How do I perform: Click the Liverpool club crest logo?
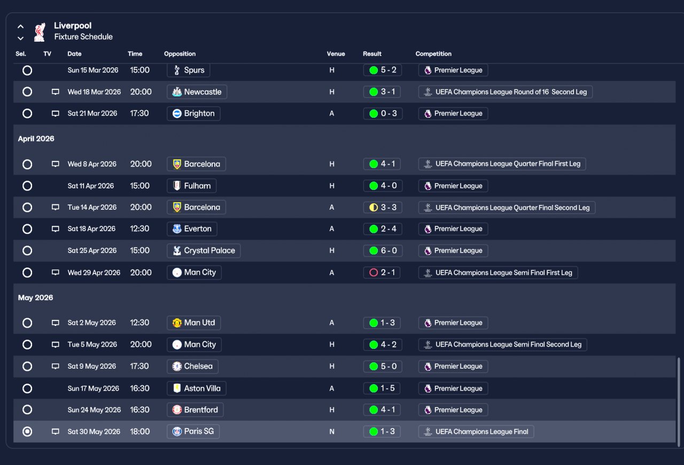tap(40, 32)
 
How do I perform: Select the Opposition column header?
tap(180, 54)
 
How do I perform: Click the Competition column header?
tap(433, 54)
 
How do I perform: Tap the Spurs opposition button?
tap(189, 70)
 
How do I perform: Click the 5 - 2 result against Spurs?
tap(382, 70)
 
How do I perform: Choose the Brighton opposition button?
tap(193, 113)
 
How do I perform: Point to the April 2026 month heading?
tap(36, 139)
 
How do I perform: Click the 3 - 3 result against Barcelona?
tap(383, 207)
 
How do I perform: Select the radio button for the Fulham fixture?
tap(27, 186)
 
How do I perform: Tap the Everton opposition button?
tap(192, 228)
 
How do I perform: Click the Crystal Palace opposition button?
tap(204, 250)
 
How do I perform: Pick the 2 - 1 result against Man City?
tap(382, 272)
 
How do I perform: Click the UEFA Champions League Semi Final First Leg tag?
tap(498, 273)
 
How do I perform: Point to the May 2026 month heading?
tap(35, 298)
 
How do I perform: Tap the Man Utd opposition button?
tap(193, 323)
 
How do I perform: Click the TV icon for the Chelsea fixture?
tap(55, 366)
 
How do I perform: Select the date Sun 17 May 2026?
tap(93, 388)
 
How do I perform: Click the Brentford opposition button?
tap(195, 410)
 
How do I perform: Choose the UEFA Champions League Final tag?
tap(476, 432)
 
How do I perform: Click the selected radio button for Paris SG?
tap(27, 431)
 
